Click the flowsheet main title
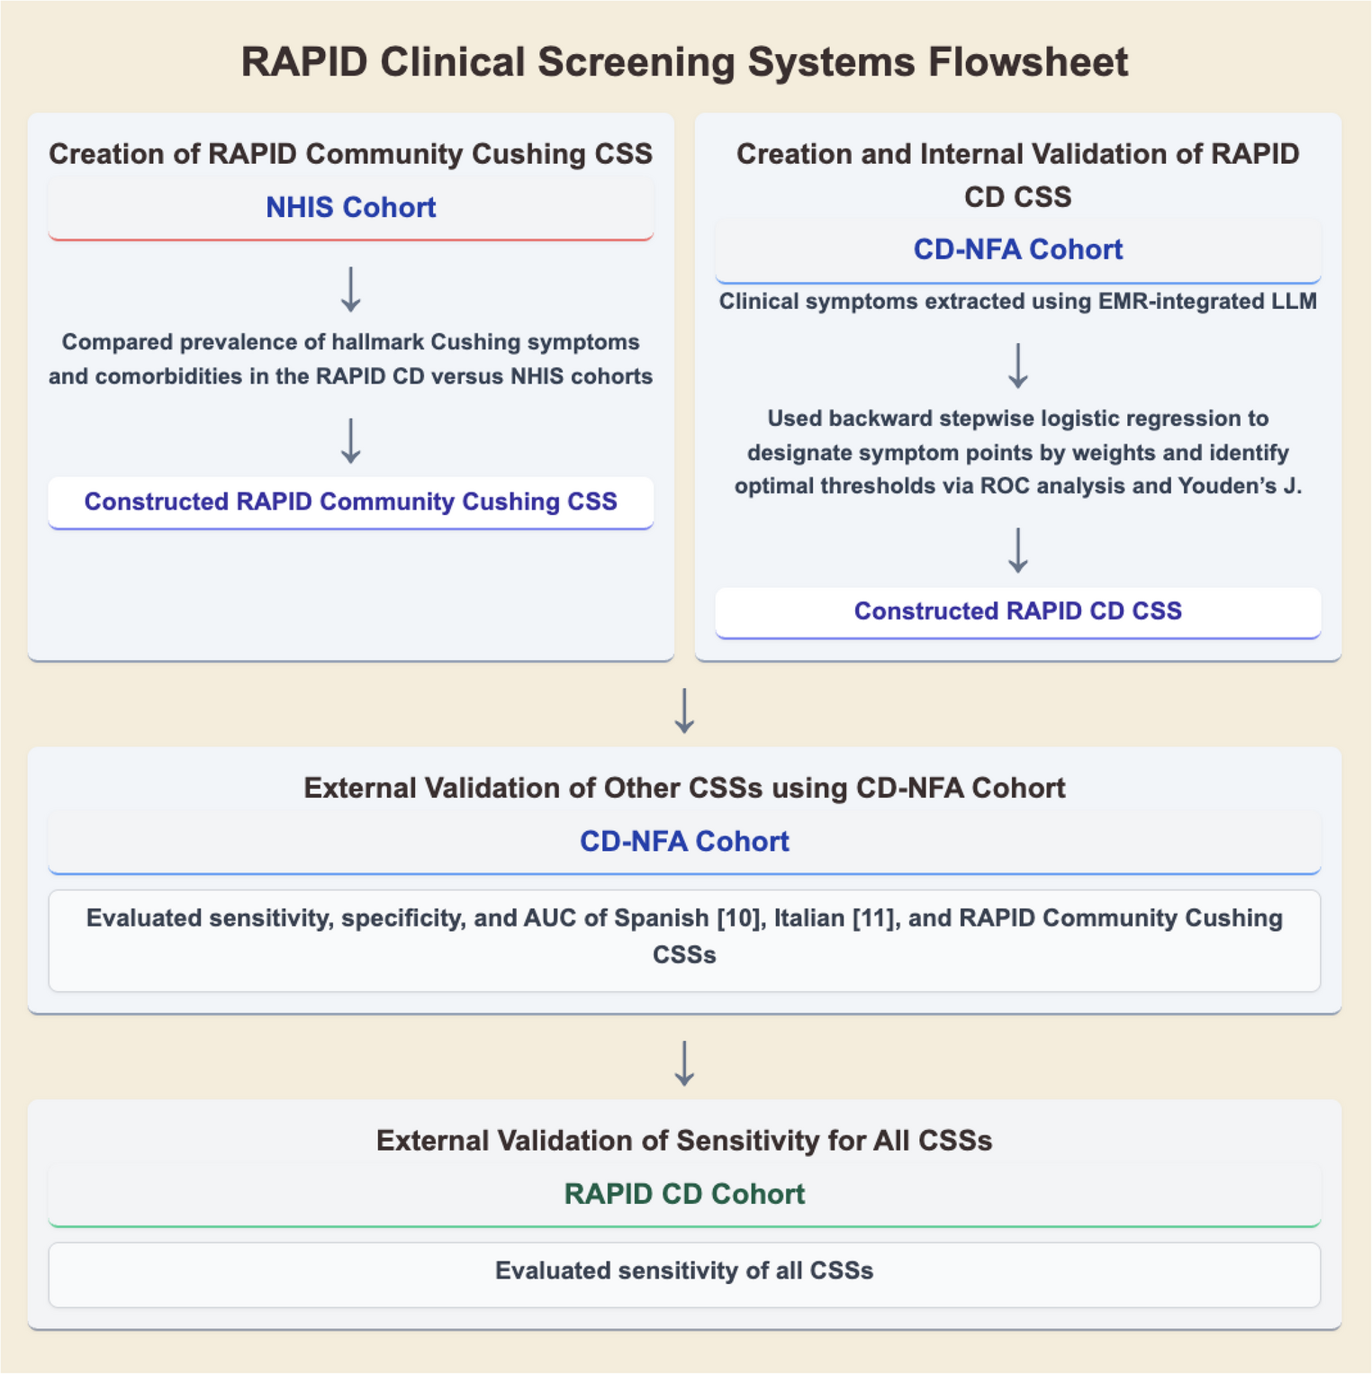click(684, 63)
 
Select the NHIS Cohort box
click(351, 208)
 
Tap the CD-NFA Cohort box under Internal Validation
click(1017, 249)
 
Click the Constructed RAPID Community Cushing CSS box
click(351, 502)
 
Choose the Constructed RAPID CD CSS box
click(1017, 611)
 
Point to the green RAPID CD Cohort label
click(684, 1194)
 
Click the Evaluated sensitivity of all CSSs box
click(684, 1272)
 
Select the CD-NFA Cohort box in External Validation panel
click(684, 841)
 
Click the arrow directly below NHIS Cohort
click(351, 289)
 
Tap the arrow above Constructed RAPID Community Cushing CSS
click(351, 440)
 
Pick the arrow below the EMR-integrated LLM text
click(1017, 366)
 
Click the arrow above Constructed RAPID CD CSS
click(1017, 550)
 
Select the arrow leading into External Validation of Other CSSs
click(684, 710)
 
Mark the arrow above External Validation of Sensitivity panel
click(684, 1063)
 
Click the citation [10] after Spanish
click(738, 918)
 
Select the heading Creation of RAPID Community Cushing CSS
click(351, 154)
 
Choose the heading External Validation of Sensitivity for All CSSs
click(684, 1141)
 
